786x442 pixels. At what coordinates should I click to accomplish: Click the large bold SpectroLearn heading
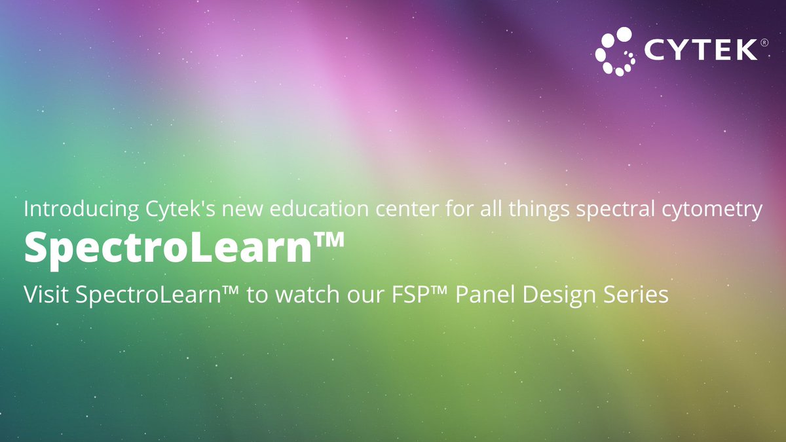[166, 249]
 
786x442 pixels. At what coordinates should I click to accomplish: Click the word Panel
[493, 294]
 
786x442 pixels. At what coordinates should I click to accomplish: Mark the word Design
[567, 294]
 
